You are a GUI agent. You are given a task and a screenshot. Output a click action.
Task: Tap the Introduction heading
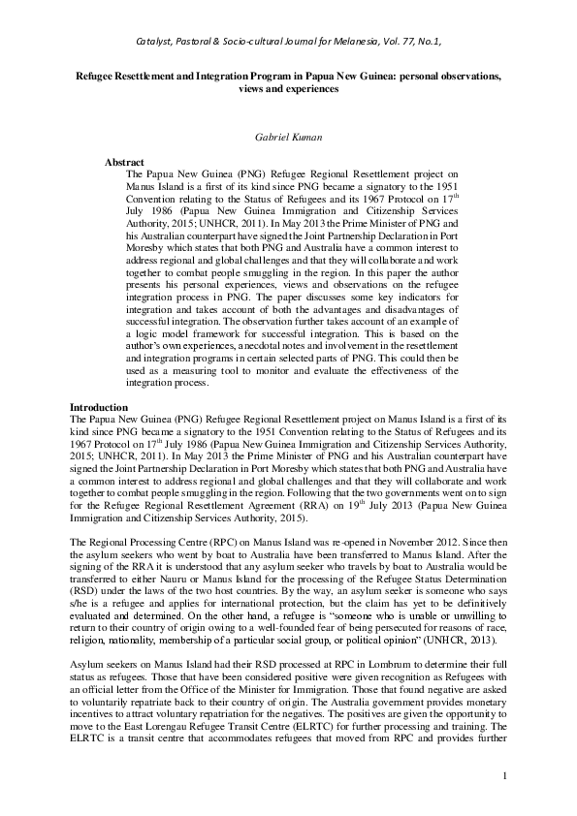point(99,408)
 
